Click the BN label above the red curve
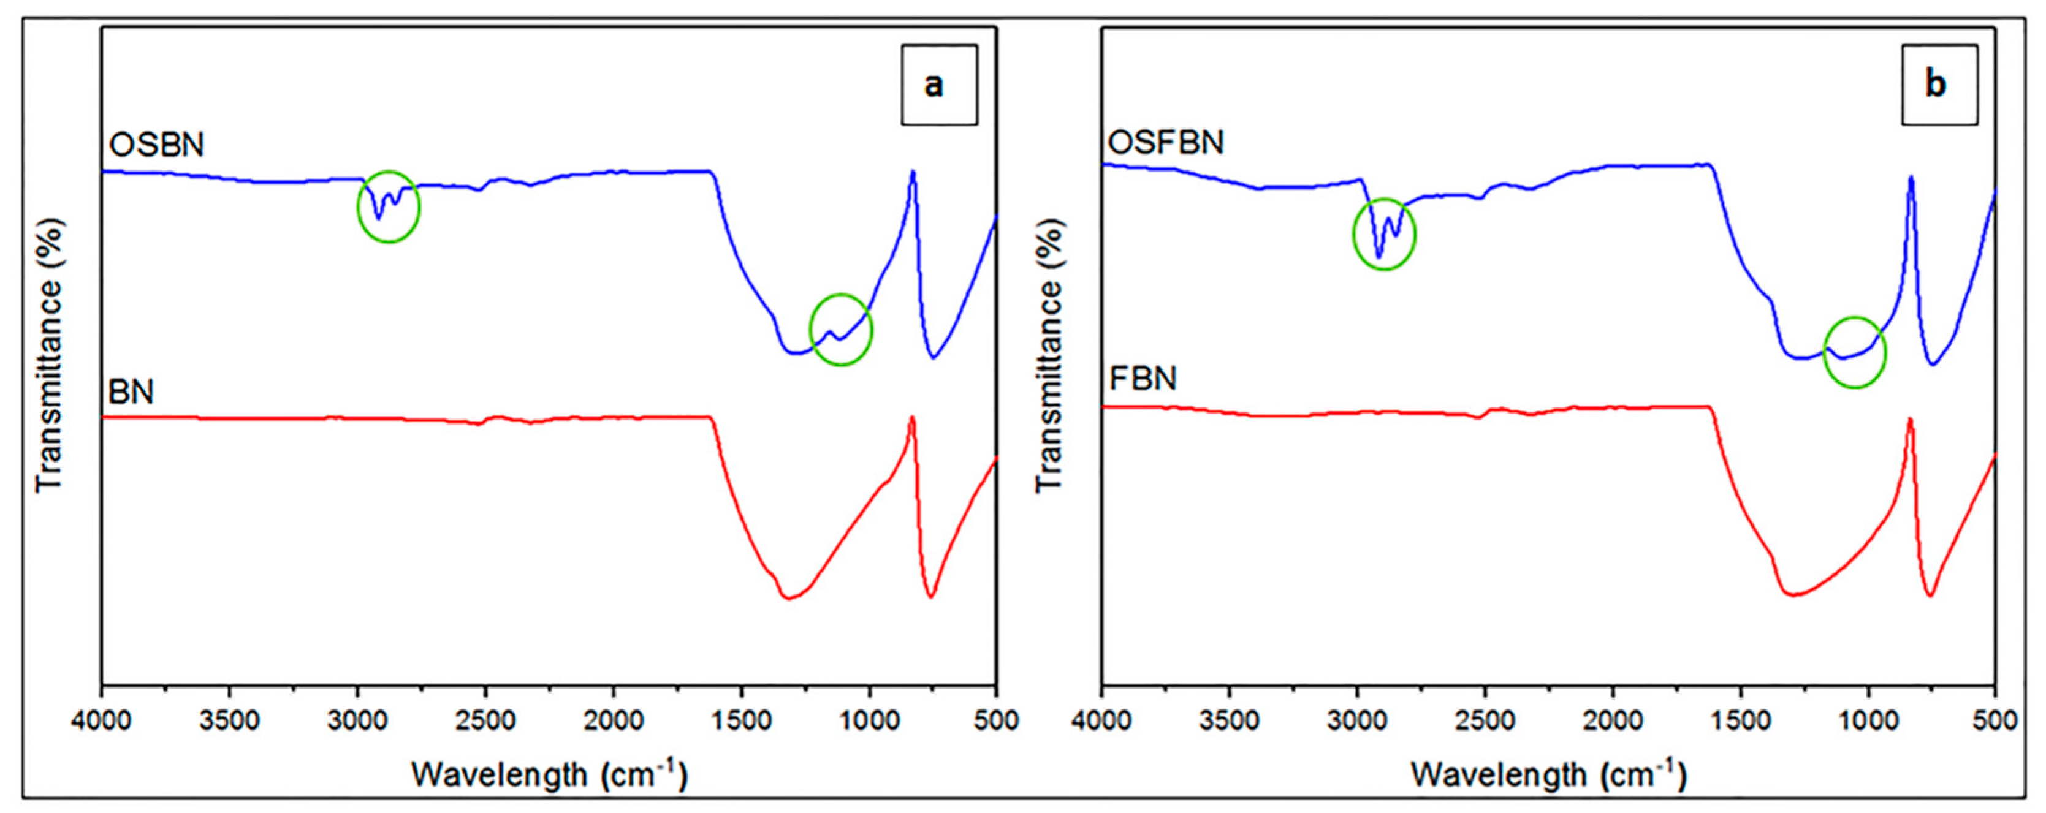tap(131, 392)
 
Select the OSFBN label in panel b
tap(1165, 143)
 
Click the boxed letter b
tap(1938, 84)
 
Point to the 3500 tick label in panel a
tap(229, 721)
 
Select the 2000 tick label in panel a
tap(613, 721)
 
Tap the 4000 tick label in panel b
tap(1101, 721)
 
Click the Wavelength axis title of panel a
tap(549, 773)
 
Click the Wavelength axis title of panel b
tap(1548, 773)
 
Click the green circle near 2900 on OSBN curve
tap(389, 206)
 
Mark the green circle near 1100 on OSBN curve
tap(841, 330)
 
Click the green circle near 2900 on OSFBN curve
tap(1383, 233)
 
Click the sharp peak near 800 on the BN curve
tap(913, 419)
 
